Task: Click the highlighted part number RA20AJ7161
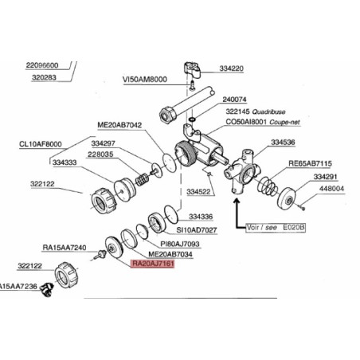click(153, 264)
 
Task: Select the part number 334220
click(231, 68)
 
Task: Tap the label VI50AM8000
click(145, 80)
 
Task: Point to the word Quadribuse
click(268, 112)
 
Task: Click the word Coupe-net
click(284, 123)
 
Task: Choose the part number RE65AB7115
click(310, 163)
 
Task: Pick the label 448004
click(331, 189)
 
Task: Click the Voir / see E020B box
click(276, 228)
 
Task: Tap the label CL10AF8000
click(41, 144)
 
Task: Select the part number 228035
click(100, 155)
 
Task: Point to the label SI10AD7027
click(197, 230)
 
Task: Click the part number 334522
click(198, 192)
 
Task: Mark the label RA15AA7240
click(65, 248)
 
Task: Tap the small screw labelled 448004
click(301, 207)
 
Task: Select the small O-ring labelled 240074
click(193, 119)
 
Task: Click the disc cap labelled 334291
click(287, 198)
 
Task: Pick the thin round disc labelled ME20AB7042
click(170, 162)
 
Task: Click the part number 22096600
click(42, 65)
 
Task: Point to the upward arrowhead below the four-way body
click(237, 201)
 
